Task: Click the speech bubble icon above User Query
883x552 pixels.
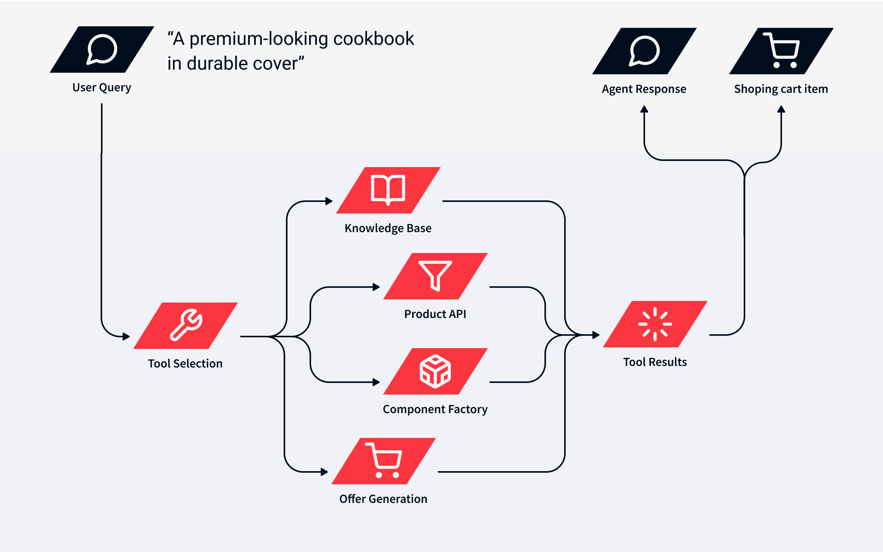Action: [102, 50]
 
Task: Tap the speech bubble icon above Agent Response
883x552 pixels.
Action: [644, 51]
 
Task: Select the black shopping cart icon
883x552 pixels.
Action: [782, 51]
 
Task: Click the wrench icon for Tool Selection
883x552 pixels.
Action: [186, 325]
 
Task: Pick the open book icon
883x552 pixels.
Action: [388, 190]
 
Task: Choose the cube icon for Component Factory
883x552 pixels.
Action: [435, 371]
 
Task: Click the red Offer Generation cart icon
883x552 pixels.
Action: [384, 460]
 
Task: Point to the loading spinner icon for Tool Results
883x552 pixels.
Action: [655, 324]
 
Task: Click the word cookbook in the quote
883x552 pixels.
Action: [373, 39]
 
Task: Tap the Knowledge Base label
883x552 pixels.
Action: [388, 228]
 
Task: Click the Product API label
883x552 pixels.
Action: [435, 314]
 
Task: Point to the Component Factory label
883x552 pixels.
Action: [435, 409]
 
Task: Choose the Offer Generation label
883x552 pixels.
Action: [383, 499]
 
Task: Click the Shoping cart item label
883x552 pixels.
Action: [781, 89]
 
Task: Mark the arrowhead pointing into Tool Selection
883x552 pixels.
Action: [126, 337]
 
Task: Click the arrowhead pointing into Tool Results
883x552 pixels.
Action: [596, 335]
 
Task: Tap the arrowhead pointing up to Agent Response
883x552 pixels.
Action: [644, 109]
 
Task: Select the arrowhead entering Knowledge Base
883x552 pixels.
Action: [329, 201]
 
